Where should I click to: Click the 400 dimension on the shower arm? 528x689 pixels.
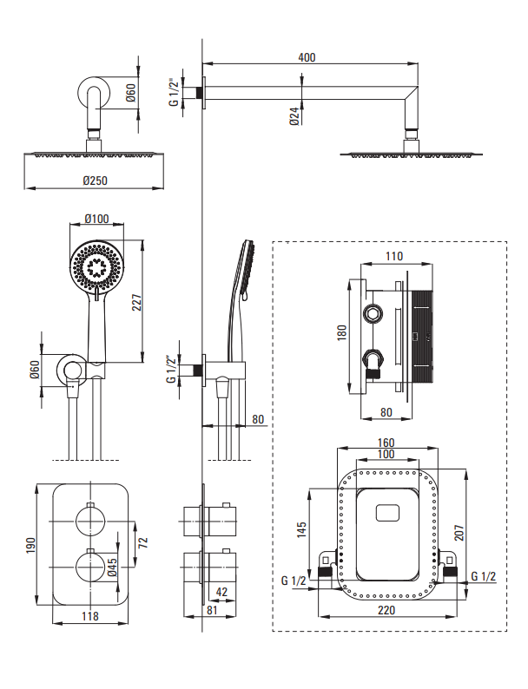[x=307, y=57]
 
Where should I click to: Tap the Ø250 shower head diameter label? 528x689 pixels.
[x=95, y=180]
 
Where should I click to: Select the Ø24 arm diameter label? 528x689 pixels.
[x=294, y=116]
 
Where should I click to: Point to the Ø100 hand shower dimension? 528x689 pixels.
[x=96, y=219]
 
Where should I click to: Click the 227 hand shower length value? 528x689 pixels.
[x=137, y=302]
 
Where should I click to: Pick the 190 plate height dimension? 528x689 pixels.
[x=30, y=545]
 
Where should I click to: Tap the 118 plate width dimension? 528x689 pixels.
[x=90, y=616]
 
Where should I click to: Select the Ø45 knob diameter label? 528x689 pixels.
[x=112, y=567]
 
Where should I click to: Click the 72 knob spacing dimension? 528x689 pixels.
[x=142, y=542]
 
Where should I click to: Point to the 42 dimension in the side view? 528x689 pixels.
[x=222, y=592]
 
